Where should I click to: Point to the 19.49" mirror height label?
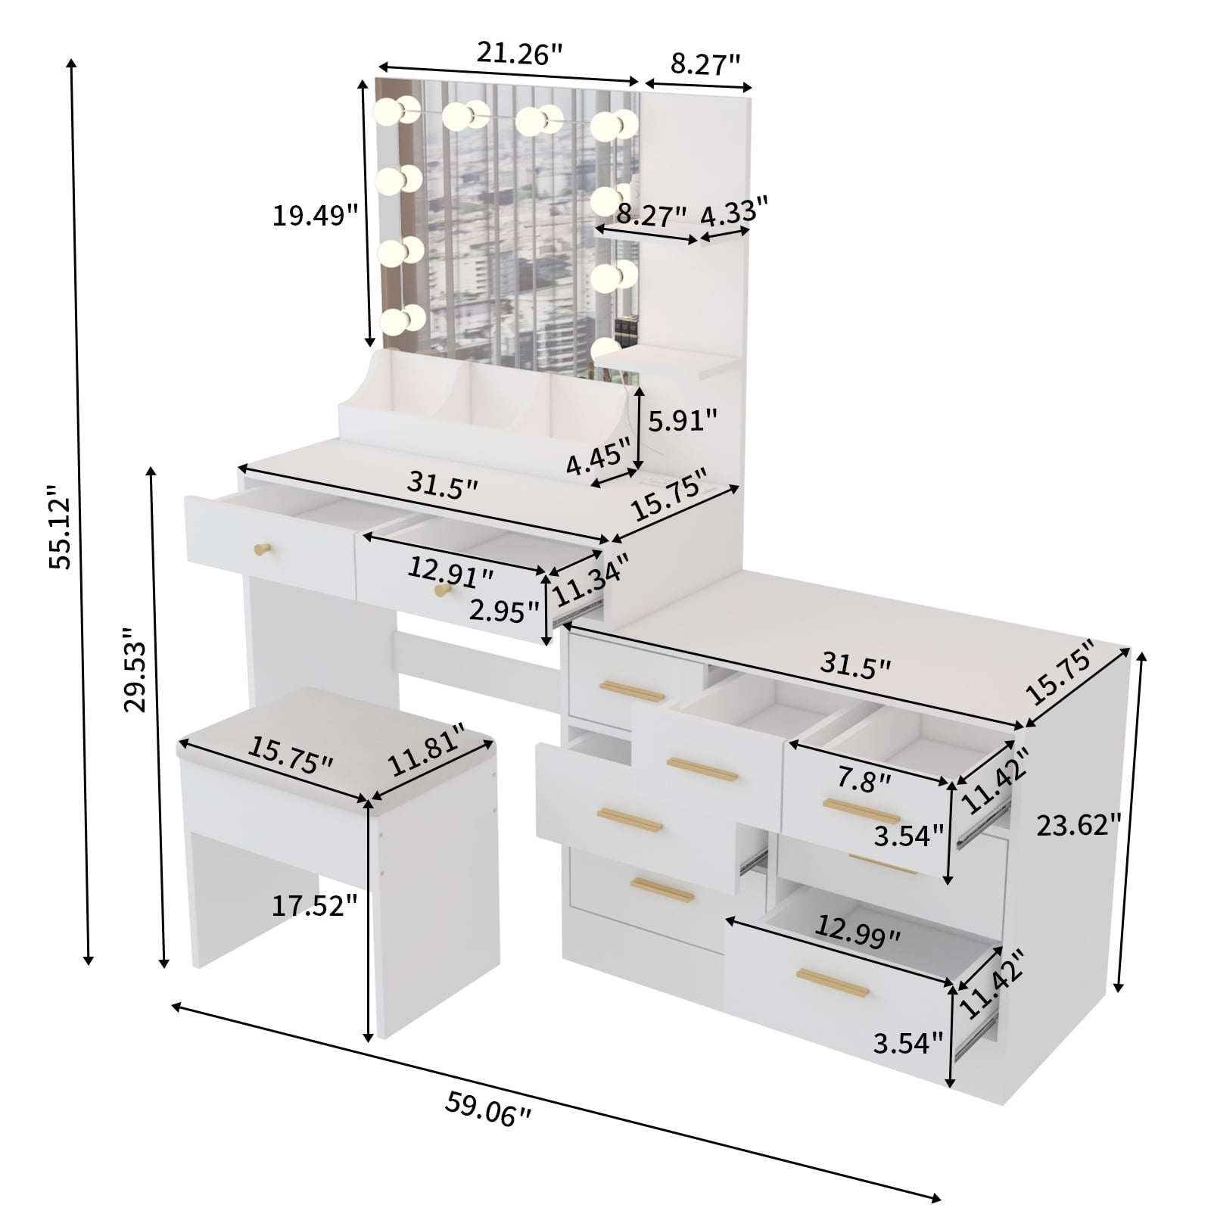tap(315, 216)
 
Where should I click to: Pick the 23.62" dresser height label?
tap(1078, 825)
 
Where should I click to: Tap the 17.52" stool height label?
tap(314, 904)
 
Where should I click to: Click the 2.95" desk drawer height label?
tap(504, 610)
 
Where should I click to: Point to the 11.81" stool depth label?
tap(426, 751)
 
